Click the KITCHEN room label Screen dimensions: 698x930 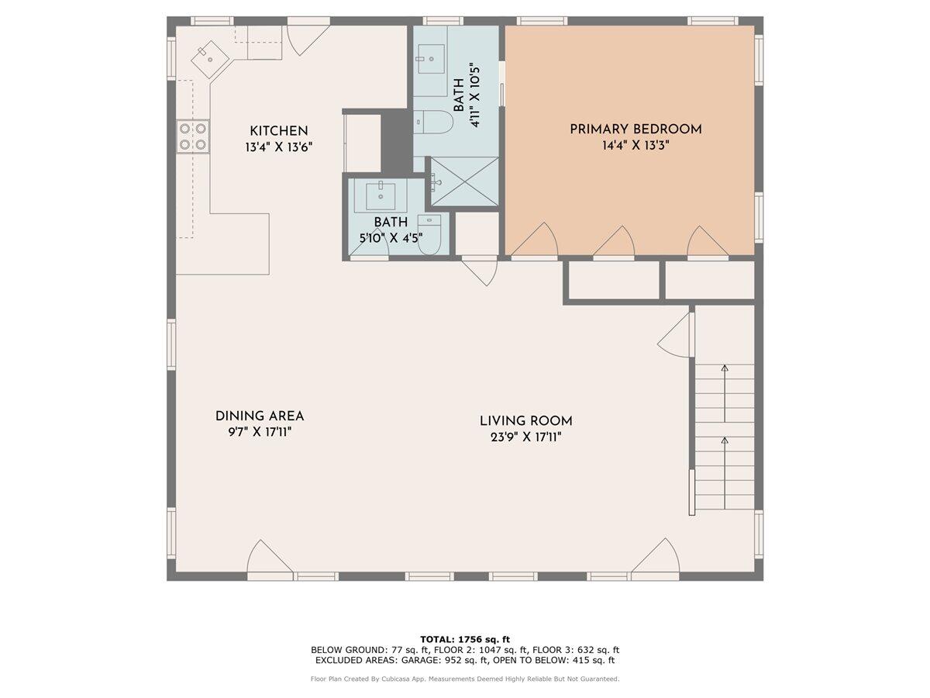pos(278,131)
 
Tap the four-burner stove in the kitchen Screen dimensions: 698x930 pos(193,136)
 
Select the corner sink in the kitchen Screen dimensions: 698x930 pos(209,56)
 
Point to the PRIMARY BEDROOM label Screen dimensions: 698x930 pos(635,129)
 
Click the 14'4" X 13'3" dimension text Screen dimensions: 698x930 pos(635,145)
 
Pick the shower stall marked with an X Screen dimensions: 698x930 pos(464,181)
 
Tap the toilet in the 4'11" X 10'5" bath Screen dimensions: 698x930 pos(433,123)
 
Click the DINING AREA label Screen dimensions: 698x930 pos(260,416)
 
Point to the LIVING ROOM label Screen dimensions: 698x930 pos(525,421)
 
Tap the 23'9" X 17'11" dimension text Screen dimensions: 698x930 pos(525,437)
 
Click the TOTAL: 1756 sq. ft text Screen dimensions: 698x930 pos(465,638)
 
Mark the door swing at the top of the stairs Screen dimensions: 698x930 pos(676,335)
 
